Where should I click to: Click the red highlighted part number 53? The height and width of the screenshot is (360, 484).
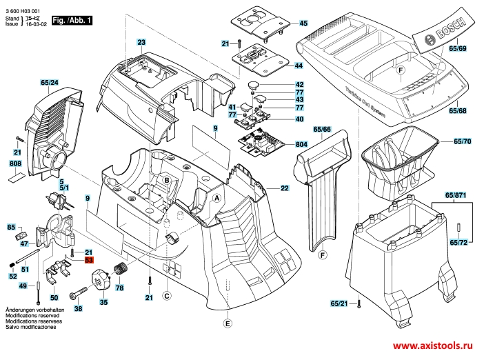pyautogui.click(x=89, y=261)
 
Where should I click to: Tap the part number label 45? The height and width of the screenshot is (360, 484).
pyautogui.click(x=303, y=23)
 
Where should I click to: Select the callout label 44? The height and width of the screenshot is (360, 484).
pyautogui.click(x=299, y=66)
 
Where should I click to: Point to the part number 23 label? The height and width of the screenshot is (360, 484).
pyautogui.click(x=141, y=43)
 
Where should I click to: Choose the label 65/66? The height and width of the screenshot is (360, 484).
pyautogui.click(x=322, y=130)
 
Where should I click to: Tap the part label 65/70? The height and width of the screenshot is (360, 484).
pyautogui.click(x=462, y=141)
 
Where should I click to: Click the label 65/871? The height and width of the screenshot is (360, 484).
pyautogui.click(x=456, y=197)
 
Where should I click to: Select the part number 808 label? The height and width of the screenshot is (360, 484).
pyautogui.click(x=16, y=163)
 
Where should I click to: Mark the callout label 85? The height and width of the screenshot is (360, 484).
pyautogui.click(x=11, y=227)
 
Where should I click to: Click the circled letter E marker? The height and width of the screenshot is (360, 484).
pyautogui.click(x=228, y=323)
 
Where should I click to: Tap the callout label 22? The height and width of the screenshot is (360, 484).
pyautogui.click(x=284, y=188)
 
